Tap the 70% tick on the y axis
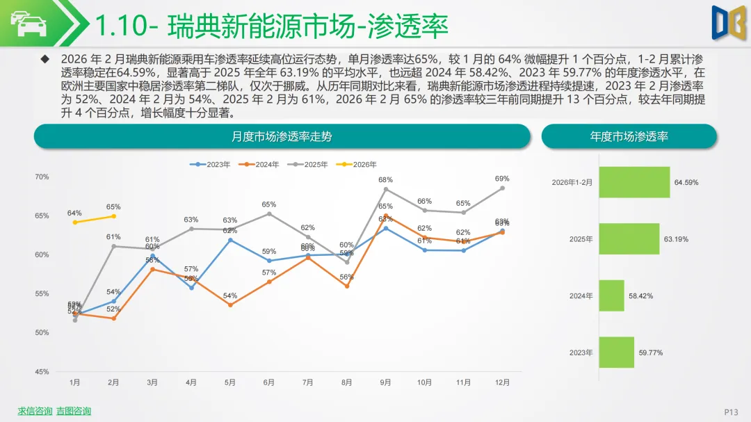click(x=42, y=177)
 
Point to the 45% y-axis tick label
click(x=42, y=372)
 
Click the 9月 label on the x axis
click(x=385, y=382)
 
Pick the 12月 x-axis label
click(x=502, y=382)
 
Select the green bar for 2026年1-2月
click(x=634, y=182)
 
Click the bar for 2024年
click(x=611, y=295)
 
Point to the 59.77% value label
click(x=651, y=352)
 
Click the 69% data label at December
click(x=502, y=179)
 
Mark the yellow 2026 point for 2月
click(x=113, y=216)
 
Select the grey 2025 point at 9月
click(x=385, y=189)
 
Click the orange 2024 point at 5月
click(x=230, y=305)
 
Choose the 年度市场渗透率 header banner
click(x=629, y=136)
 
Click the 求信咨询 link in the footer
click(x=35, y=411)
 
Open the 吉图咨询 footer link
click(x=74, y=411)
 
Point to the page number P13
click(x=731, y=412)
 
